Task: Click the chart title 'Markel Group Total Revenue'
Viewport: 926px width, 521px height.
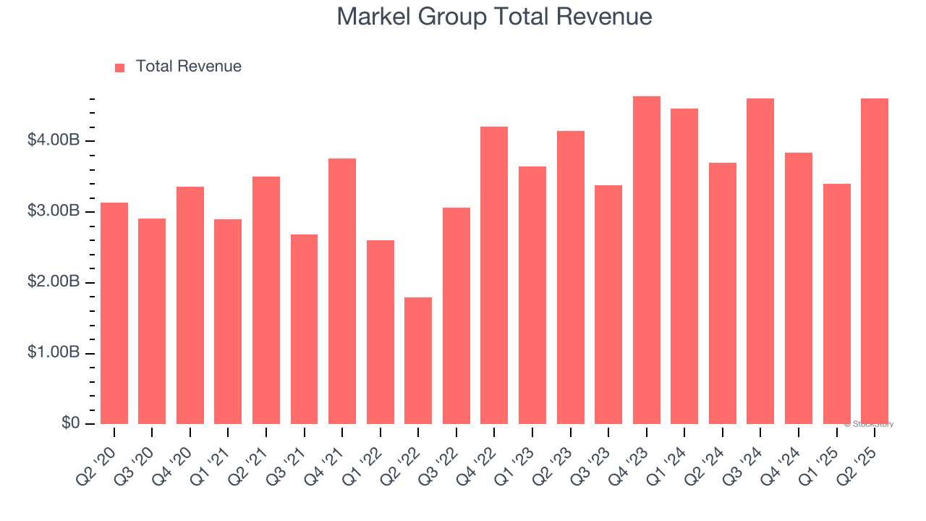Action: (494, 17)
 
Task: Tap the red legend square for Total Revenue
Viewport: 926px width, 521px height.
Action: (120, 67)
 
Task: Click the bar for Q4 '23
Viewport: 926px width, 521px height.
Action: (646, 260)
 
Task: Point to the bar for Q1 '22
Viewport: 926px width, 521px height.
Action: (381, 332)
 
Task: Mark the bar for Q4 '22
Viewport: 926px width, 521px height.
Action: (494, 275)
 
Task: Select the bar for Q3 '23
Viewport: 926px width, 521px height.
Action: (608, 305)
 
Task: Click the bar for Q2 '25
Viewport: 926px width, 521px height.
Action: (874, 261)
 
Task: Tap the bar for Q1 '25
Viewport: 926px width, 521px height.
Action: (836, 304)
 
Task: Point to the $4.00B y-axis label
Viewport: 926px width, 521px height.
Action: (54, 140)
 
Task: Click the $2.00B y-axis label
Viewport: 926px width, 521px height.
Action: (54, 282)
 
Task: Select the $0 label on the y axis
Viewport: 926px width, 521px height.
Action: (69, 423)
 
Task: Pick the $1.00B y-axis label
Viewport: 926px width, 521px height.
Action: (54, 353)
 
